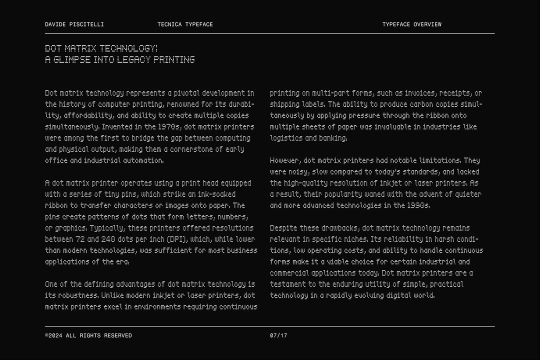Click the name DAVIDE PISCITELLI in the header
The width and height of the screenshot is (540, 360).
click(x=74, y=24)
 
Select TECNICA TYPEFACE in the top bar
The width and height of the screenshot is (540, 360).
click(x=185, y=24)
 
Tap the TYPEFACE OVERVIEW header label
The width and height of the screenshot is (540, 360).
click(x=412, y=24)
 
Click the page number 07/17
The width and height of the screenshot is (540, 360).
click(x=278, y=335)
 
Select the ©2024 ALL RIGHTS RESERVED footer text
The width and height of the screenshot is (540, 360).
click(x=88, y=335)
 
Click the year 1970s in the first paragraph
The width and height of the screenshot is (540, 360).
click(x=169, y=127)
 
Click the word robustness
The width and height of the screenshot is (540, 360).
click(x=76, y=295)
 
